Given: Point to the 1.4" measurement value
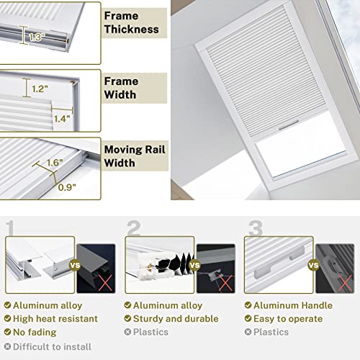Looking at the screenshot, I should point(62,118).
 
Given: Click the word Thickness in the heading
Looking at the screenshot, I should point(130,30).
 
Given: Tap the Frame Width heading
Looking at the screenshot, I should point(122,89).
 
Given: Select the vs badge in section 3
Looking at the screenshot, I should point(313,264).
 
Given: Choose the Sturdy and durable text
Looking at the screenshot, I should point(176,319).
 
